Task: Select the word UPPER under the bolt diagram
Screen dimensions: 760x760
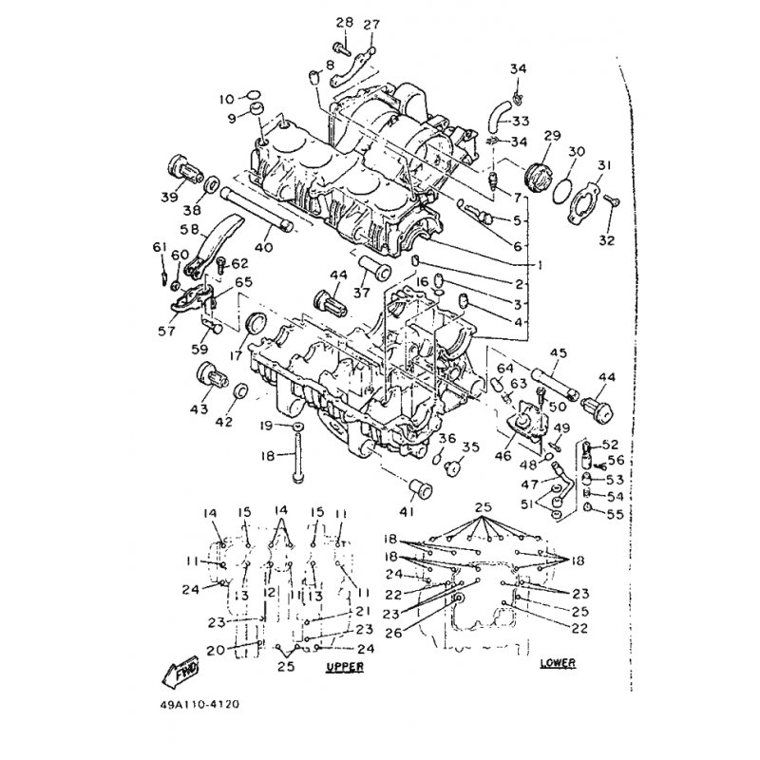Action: click(344, 667)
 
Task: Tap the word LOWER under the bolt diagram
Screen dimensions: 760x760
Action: click(558, 661)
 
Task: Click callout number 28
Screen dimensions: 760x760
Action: click(343, 23)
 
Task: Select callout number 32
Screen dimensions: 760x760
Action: click(606, 239)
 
